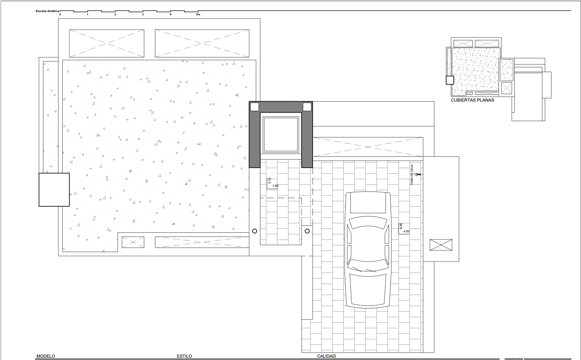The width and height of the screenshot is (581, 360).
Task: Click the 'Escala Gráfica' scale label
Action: [47, 11]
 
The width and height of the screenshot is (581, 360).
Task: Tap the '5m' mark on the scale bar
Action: [198, 15]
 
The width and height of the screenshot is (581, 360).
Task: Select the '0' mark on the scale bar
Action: [60, 15]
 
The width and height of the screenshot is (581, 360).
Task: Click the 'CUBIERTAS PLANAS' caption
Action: [472, 100]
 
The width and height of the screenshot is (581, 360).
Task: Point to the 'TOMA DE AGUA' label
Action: [412, 175]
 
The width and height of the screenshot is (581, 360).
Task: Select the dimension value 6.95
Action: [401, 226]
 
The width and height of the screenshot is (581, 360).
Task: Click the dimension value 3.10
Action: [270, 181]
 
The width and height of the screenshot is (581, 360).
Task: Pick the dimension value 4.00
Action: [406, 232]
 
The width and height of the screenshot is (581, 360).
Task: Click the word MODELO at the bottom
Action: [46, 356]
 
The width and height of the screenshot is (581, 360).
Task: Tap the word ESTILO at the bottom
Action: [184, 356]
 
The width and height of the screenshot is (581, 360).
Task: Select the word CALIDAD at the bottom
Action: [326, 356]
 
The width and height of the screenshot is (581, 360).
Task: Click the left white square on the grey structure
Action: [255, 107]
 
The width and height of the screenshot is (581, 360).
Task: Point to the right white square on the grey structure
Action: [307, 107]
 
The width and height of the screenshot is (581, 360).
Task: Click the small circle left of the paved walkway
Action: [255, 231]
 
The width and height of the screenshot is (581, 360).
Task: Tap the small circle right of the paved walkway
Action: [307, 231]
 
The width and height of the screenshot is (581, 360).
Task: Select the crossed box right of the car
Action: [441, 245]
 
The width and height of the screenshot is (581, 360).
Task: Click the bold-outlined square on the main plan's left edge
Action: [54, 190]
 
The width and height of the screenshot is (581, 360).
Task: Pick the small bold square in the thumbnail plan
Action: [450, 80]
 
